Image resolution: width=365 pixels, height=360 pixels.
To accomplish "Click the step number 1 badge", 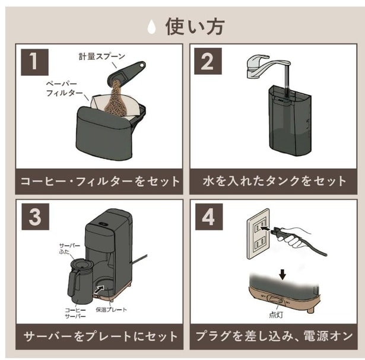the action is pos(34,62).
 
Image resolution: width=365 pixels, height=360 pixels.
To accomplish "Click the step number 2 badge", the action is pos(208,61).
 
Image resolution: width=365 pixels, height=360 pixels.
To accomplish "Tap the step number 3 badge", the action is pos(36,216).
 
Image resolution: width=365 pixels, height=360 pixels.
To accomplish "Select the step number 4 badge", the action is pos(209,216).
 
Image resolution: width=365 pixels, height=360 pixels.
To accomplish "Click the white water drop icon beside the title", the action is pos(152,27).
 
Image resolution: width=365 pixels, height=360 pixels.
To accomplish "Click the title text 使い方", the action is pos(195,27).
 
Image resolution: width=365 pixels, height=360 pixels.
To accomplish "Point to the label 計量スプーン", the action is pos(102,56).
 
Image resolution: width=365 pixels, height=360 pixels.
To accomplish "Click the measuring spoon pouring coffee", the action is pos(126,74).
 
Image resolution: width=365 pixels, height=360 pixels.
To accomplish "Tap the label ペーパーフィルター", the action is pos(64,88).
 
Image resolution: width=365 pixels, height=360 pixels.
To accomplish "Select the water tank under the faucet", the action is pos(290,121).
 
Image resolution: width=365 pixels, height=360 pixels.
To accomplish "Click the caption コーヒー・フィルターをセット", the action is pos(100,181).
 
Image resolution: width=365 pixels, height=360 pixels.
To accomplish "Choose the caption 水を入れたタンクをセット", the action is pos(274,181).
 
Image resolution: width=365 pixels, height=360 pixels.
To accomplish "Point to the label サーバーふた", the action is pos(69,249).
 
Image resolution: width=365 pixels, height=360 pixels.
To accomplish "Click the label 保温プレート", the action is pos(112,310).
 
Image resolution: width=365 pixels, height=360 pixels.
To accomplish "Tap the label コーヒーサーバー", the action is pos(75,313).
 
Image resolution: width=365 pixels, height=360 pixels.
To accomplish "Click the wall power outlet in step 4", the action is pos(258,234).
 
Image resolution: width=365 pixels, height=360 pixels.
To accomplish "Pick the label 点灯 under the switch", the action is pos(276,315).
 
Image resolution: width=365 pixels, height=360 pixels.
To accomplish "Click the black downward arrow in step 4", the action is pos(283,275).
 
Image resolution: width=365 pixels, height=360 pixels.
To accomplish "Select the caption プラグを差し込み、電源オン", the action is pos(274,336).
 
